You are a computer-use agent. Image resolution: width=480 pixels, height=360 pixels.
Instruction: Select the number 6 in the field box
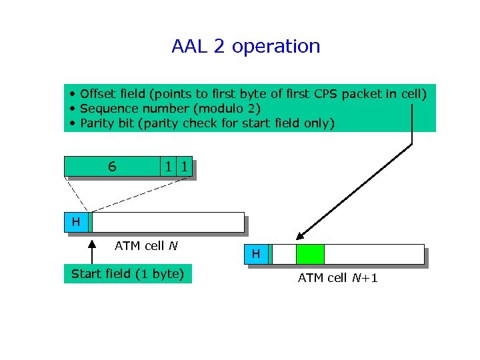point(112,167)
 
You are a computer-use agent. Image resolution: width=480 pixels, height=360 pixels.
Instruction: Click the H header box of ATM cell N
point(76,222)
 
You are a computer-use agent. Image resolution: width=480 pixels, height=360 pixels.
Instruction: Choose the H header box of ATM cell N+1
point(256,254)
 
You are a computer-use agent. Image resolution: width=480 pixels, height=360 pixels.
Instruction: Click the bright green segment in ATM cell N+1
point(310,254)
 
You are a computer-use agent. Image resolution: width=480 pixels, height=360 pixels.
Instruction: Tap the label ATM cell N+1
point(337,278)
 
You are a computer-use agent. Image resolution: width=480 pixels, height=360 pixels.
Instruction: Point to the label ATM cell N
point(145,246)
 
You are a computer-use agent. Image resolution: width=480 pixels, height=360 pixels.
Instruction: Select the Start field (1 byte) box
point(127,273)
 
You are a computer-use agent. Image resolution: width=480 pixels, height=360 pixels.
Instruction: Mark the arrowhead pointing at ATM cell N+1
point(301,235)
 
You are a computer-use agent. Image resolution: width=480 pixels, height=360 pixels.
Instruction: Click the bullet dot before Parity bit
point(71,123)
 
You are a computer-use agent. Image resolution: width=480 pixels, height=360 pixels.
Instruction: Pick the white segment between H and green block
point(285,254)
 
